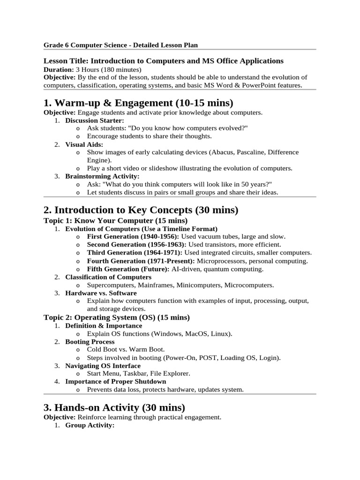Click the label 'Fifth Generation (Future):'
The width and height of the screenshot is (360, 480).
128,269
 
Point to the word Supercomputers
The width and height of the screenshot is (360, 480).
111,285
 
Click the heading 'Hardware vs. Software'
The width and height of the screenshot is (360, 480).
94,293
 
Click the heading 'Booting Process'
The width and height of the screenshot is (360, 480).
90,342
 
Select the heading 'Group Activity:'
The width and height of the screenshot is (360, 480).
90,425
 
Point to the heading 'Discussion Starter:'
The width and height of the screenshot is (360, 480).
95,120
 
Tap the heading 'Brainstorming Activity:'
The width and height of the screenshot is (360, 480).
102,176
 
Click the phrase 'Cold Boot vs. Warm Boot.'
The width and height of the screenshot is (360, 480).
126,350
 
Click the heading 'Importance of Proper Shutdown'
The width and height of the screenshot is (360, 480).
109,382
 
